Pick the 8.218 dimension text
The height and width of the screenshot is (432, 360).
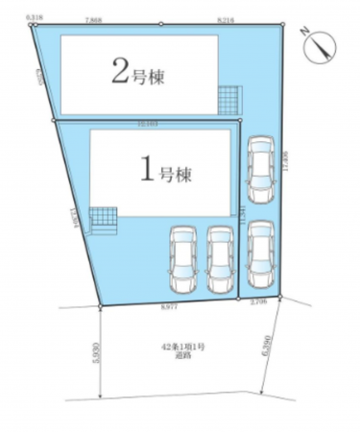pos(226,19)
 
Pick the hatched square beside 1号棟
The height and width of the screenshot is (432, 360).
pos(102,220)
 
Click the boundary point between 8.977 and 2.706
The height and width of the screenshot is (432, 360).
pos(237,300)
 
